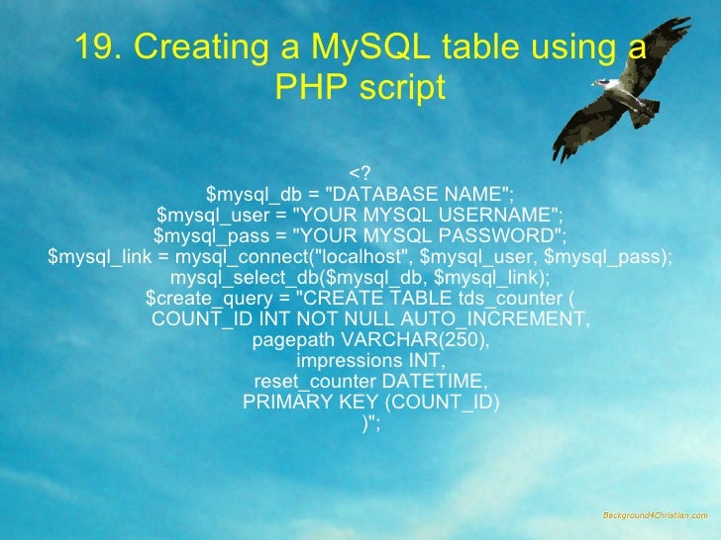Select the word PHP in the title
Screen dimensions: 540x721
click(310, 89)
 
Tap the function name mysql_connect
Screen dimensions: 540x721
click(235, 257)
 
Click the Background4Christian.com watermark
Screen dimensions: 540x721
click(656, 515)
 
